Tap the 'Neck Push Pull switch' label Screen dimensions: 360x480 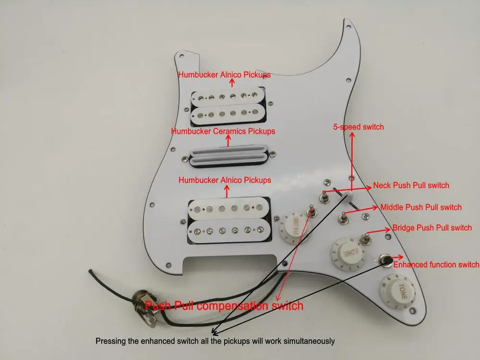411,185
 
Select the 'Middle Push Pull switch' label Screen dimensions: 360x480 421,207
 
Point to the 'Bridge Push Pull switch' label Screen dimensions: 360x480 432,228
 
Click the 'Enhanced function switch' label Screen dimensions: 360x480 436,264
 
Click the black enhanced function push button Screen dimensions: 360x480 384,260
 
